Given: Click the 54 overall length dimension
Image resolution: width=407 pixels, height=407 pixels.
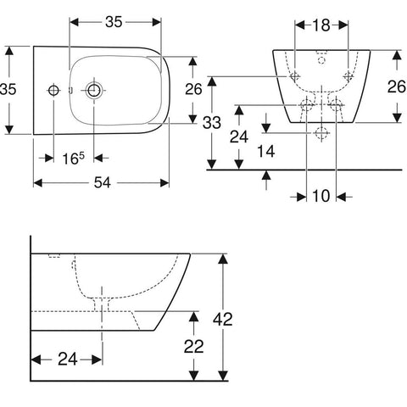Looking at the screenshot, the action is [x=103, y=182].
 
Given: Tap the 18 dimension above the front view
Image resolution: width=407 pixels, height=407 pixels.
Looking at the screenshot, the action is [x=321, y=25].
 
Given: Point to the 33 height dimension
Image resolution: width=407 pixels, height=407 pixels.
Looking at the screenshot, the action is [x=212, y=123].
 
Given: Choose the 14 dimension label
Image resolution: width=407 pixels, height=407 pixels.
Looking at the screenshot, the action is [x=266, y=151].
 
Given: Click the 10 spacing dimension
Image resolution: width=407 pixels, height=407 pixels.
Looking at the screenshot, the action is [x=321, y=196].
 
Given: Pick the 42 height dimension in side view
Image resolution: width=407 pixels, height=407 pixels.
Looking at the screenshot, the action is [x=223, y=320].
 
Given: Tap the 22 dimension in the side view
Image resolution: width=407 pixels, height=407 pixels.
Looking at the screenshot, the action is [x=194, y=347].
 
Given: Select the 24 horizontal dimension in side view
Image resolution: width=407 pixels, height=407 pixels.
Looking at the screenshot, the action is [x=68, y=360].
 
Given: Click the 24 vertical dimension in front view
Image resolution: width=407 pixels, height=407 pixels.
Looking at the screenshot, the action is [x=239, y=137].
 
